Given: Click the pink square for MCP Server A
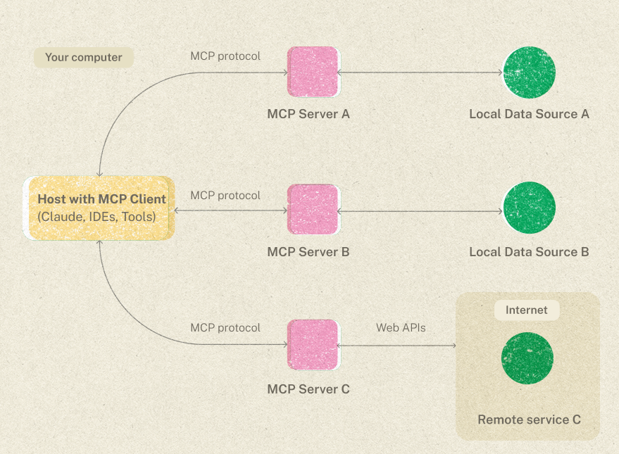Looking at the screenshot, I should (x=313, y=72).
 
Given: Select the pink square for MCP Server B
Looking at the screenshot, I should (x=313, y=210).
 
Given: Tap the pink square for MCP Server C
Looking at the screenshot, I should (x=313, y=344).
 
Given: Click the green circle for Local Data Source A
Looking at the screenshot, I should (x=529, y=72).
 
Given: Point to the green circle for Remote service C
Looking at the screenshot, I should (x=527, y=358).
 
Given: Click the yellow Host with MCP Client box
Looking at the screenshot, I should (x=99, y=208).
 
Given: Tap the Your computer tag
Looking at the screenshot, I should (x=83, y=58).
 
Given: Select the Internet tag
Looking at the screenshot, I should (x=526, y=310).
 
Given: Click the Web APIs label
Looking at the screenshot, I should (x=401, y=327).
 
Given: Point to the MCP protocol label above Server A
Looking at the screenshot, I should (x=225, y=56).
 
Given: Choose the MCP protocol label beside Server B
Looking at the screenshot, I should (x=225, y=195).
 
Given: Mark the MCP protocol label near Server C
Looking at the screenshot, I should (x=225, y=327).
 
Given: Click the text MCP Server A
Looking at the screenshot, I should (x=308, y=114).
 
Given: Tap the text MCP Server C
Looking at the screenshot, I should (x=308, y=389).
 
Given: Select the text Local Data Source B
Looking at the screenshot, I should (x=529, y=252).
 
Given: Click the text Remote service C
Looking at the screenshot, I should (x=529, y=420).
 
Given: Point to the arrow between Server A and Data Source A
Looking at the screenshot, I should (x=420, y=72).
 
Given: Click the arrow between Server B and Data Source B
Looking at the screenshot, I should (x=420, y=210).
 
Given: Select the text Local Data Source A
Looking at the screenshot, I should (x=529, y=114).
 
